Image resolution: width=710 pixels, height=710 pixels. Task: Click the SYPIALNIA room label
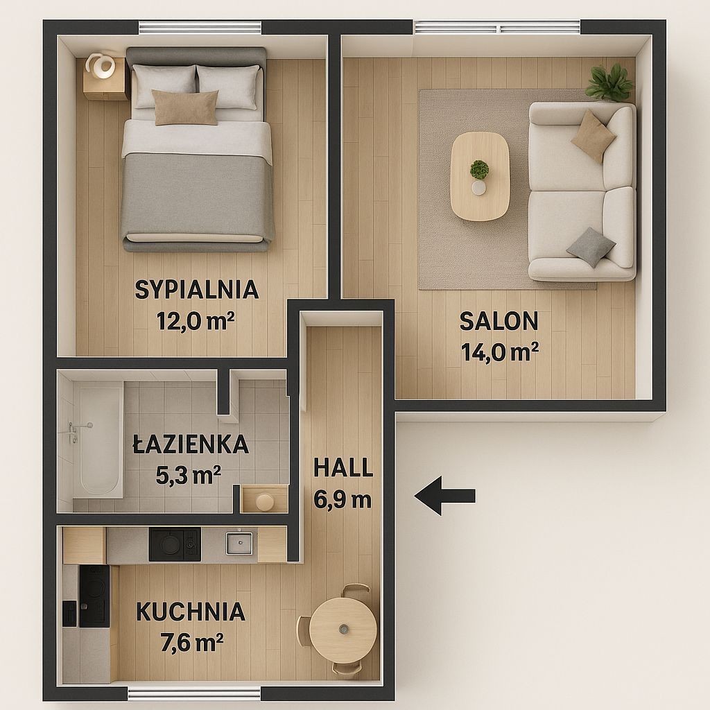pyautogui.click(x=197, y=290)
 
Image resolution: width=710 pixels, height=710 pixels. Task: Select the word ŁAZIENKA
pyautogui.click(x=191, y=444)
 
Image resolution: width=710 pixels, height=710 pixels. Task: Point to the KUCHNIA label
pyautogui.click(x=191, y=612)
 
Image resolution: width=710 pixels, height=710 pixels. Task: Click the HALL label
pyautogui.click(x=343, y=467)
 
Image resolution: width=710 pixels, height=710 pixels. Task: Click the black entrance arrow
pyautogui.click(x=444, y=496)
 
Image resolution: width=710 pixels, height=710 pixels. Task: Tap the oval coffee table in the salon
pyautogui.click(x=480, y=177)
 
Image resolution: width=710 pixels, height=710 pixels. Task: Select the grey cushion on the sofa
pyautogui.click(x=591, y=248)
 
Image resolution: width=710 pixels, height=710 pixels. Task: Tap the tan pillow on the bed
pyautogui.click(x=185, y=107)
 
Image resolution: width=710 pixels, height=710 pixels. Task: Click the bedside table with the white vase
pyautogui.click(x=104, y=78)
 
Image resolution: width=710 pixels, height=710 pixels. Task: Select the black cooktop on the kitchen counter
pyautogui.click(x=174, y=544)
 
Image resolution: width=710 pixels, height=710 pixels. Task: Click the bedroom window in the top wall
pyautogui.click(x=200, y=28)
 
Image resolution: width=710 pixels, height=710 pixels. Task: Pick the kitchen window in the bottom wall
pyautogui.click(x=194, y=693)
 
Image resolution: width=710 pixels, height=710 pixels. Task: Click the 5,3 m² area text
pyautogui.click(x=189, y=475)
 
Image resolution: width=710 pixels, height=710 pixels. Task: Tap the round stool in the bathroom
pyautogui.click(x=264, y=502)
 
